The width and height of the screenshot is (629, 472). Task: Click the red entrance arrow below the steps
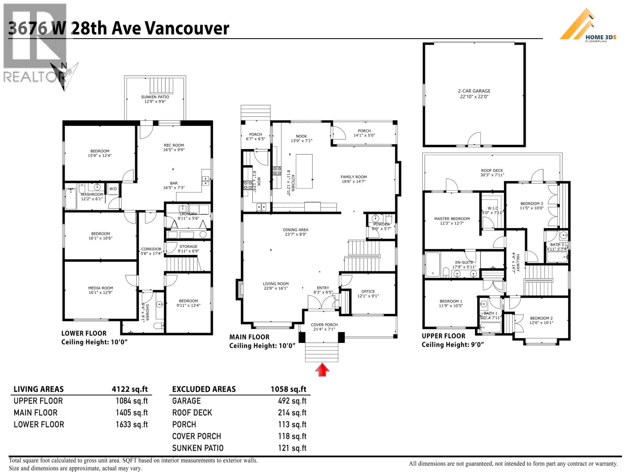[x=322, y=370]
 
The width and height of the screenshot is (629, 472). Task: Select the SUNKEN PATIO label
[x=155, y=97]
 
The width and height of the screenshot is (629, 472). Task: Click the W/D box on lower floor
[x=113, y=189]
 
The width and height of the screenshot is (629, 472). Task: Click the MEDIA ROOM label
[x=100, y=288]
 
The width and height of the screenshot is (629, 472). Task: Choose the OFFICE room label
[x=368, y=291]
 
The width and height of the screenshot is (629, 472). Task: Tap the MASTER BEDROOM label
[x=452, y=219]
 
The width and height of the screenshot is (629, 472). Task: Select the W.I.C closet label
[x=493, y=208]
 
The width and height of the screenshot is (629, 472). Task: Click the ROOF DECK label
[x=492, y=171]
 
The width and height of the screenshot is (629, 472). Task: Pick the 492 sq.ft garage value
[x=292, y=401]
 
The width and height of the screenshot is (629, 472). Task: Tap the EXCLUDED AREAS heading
[x=204, y=389]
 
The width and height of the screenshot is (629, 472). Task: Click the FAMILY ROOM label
[x=353, y=177]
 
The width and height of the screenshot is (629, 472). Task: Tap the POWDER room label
[x=381, y=224]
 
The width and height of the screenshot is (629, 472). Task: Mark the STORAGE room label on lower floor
[x=188, y=247]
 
